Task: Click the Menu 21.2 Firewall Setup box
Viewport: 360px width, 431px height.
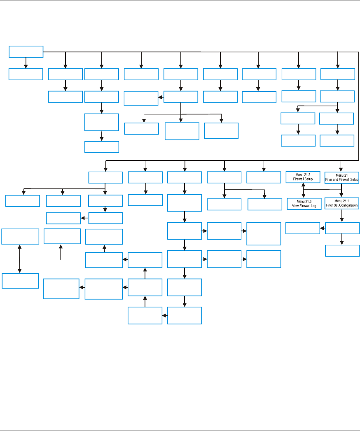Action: pyautogui.click(x=303, y=177)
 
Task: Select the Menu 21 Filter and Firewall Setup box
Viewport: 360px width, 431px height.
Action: pyautogui.click(x=342, y=177)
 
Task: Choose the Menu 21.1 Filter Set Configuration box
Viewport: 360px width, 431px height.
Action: pyautogui.click(x=342, y=203)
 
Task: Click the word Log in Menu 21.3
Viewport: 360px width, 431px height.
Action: pyautogui.click(x=316, y=205)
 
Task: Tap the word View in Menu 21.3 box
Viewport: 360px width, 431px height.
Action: pyautogui.click(x=293, y=205)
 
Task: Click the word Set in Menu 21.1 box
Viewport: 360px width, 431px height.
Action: pyautogui.click(x=337, y=205)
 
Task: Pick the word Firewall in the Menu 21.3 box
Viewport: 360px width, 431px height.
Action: pyautogui.click(x=305, y=205)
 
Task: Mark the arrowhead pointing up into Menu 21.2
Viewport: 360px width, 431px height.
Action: pyautogui.click(x=303, y=185)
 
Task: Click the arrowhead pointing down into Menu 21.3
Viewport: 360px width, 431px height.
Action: pyautogui.click(x=303, y=196)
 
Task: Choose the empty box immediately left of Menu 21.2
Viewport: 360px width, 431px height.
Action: pyautogui.click(x=264, y=177)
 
